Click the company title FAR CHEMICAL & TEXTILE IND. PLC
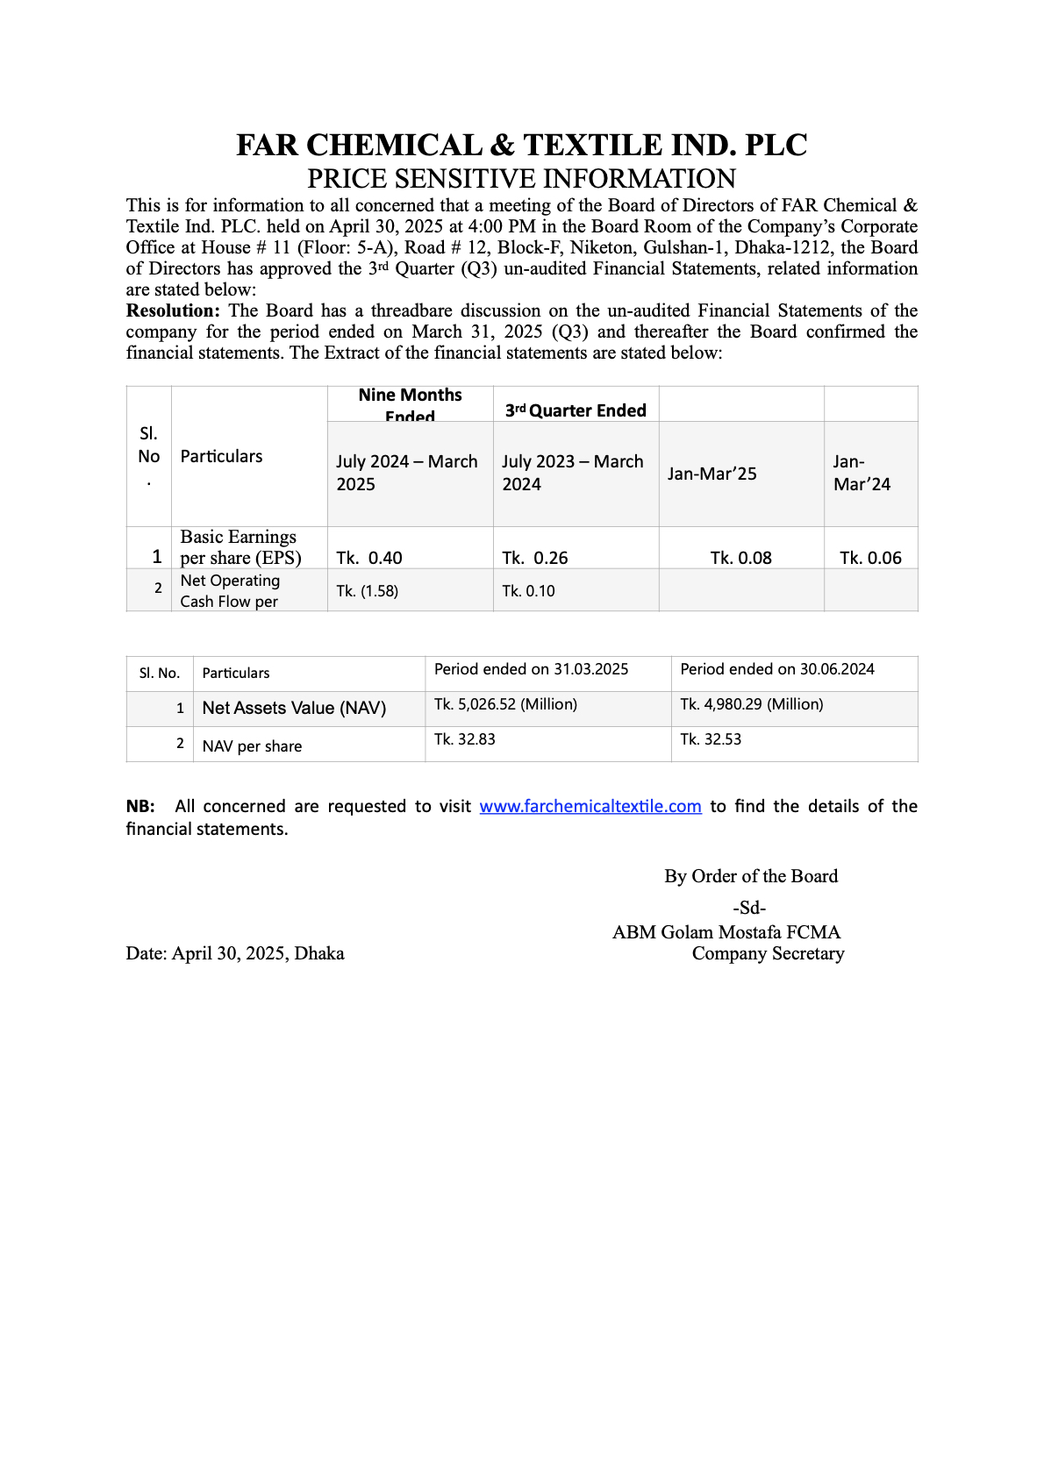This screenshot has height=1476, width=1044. [521, 146]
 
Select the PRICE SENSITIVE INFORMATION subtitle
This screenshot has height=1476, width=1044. [521, 179]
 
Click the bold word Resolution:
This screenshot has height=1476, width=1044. [173, 310]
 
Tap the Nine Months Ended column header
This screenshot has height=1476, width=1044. [410, 404]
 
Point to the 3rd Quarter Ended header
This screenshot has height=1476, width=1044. [576, 410]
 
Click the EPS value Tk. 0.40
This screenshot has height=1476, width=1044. [369, 558]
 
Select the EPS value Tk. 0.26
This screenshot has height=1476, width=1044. [535, 558]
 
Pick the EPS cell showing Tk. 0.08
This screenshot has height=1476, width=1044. [740, 558]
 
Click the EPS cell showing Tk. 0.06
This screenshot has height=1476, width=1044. [870, 558]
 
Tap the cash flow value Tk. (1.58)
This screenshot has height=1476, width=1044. [368, 591]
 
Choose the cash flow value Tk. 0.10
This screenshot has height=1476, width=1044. [528, 591]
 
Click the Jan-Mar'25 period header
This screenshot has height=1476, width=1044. [711, 474]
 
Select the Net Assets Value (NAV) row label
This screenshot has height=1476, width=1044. [294, 708]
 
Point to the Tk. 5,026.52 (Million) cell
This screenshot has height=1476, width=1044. [505, 704]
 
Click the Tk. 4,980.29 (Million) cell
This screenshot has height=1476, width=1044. [752, 704]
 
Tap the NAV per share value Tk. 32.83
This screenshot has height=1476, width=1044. [465, 739]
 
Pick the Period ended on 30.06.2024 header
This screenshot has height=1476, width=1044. [777, 669]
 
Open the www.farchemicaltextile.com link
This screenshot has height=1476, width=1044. [590, 806]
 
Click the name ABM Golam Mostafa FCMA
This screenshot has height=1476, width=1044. [726, 932]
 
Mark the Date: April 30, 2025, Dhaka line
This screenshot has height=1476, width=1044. [235, 953]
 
